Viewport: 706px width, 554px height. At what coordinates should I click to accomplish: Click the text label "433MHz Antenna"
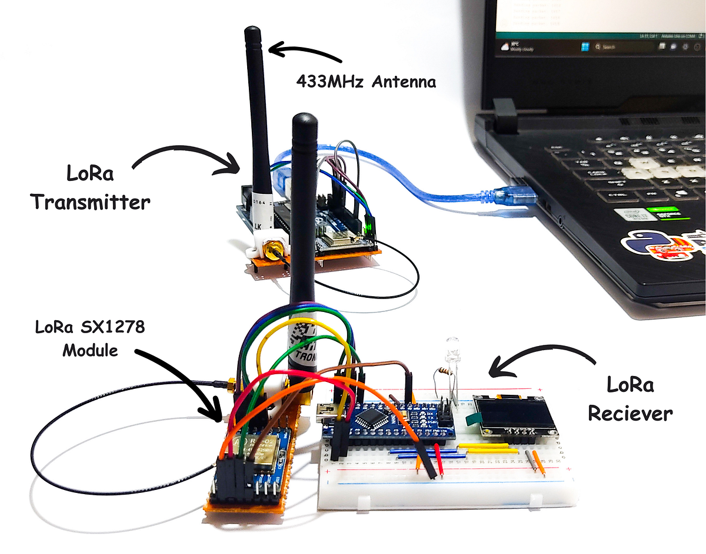click(367, 82)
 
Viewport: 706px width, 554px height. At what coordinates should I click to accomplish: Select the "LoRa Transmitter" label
click(90, 189)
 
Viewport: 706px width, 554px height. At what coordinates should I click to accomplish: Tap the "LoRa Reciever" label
click(630, 399)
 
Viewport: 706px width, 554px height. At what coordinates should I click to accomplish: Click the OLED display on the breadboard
click(517, 418)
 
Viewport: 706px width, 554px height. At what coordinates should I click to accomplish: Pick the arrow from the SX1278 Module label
click(179, 382)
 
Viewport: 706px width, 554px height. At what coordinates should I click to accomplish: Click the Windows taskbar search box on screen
click(612, 46)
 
